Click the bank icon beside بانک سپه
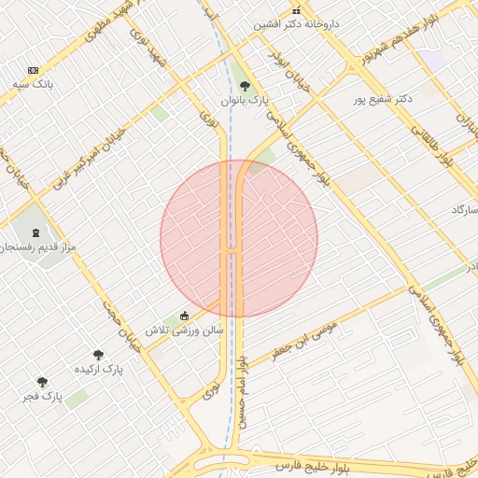tap(34, 71)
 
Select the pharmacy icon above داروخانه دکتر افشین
tap(297, 11)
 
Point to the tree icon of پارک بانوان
tap(246, 86)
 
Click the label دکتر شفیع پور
tap(383, 99)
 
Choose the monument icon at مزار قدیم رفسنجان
tap(36, 232)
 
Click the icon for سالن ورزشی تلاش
tap(184, 316)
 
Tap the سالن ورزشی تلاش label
tap(184, 330)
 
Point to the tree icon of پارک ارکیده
tap(98, 355)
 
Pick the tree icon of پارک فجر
tap(42, 382)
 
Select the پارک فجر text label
tap(42, 397)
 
